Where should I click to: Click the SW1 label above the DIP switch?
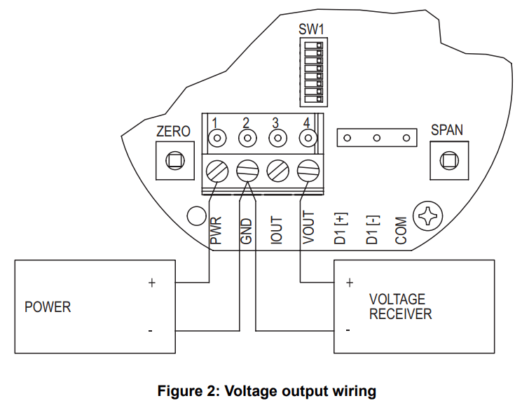pos(311,29)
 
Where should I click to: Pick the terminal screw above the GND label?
pos(247,170)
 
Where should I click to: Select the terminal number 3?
pos(276,122)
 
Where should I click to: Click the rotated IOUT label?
pos(277,230)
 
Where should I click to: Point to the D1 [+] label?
pos(340,229)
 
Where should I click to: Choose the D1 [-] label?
pos(372,229)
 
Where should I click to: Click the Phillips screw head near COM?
pos(426,217)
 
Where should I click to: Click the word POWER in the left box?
pos(48,307)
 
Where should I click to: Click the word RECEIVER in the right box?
pos(400,314)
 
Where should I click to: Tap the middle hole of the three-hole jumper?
pos(376,138)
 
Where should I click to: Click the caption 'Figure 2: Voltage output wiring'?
pos(266,391)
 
